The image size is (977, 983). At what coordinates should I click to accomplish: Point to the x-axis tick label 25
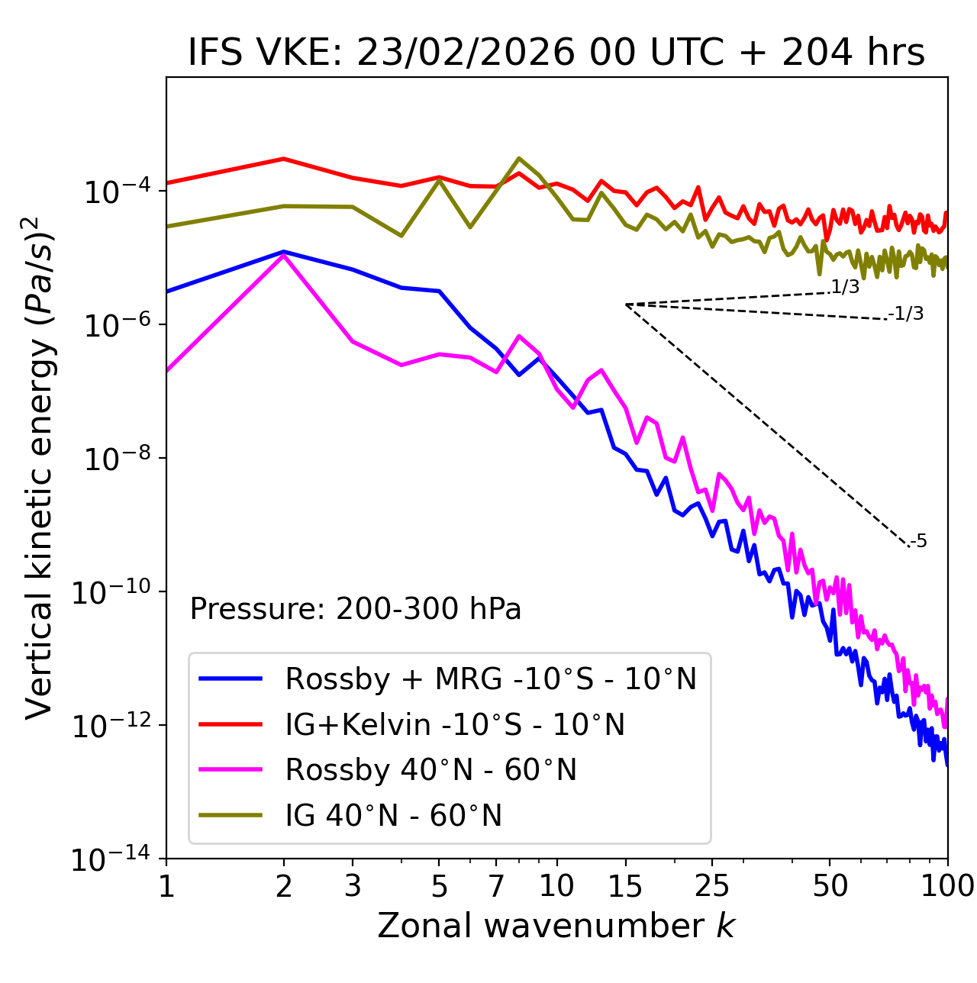pos(712,886)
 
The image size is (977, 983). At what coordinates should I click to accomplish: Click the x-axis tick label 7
pos(496,886)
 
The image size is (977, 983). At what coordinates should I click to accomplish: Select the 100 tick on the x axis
pos(947,886)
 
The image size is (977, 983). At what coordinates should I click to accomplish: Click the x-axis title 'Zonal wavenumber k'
pos(556,926)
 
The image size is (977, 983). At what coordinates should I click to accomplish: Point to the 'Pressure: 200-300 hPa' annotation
pos(356,609)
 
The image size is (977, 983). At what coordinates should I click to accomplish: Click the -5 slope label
pos(919,542)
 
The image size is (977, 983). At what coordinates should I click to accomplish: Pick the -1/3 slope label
pos(907,314)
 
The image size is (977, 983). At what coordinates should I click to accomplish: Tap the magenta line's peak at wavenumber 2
pos(284,256)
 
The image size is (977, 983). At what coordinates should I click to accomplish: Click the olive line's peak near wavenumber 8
pos(519,159)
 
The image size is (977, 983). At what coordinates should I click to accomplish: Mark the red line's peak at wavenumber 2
pos(284,159)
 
